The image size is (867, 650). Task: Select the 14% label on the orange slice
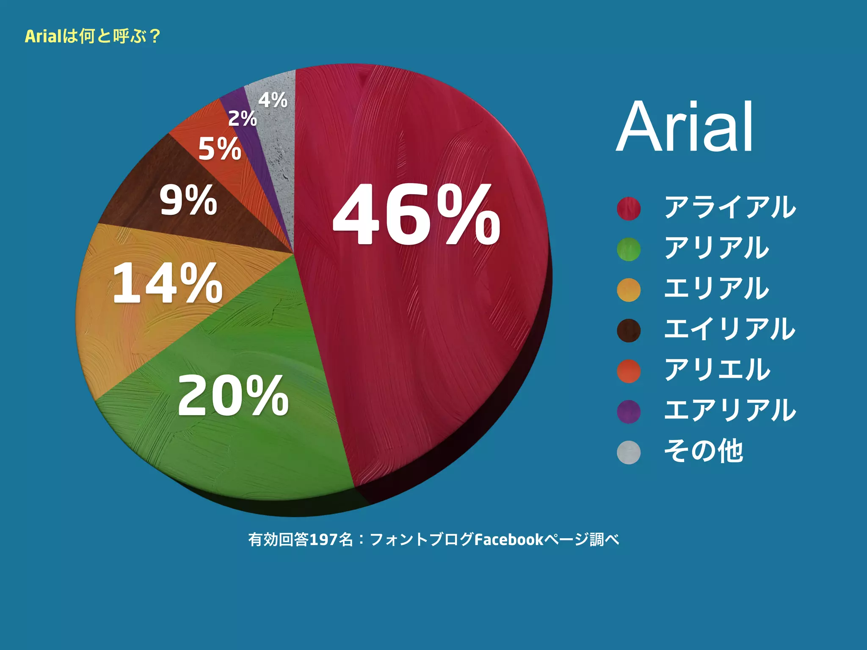(167, 283)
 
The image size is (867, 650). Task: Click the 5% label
(220, 149)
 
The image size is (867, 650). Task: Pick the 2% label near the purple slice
(243, 118)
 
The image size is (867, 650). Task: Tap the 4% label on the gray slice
(273, 100)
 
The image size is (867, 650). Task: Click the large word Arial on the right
(685, 127)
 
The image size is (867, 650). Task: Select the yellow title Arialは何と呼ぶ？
(92, 36)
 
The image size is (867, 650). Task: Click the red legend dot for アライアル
(629, 209)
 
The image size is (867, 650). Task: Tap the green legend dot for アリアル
(629, 249)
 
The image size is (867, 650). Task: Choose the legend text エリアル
(716, 288)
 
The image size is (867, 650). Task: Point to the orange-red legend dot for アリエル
(629, 371)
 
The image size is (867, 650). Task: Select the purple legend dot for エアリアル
(629, 412)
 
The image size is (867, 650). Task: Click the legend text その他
(703, 451)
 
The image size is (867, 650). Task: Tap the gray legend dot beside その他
(629, 452)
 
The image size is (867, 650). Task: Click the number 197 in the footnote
(323, 540)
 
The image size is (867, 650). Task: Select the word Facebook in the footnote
(509, 540)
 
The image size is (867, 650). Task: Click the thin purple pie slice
(250, 127)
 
